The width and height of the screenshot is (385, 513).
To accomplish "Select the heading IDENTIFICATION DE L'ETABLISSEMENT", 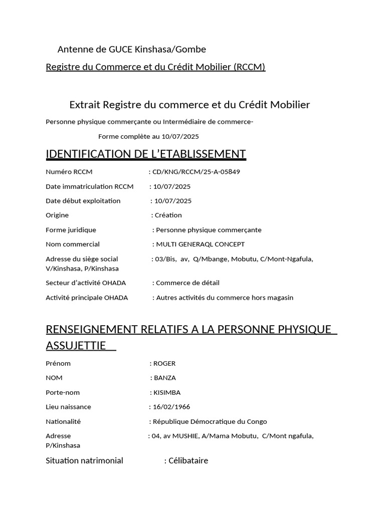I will tap(145, 154).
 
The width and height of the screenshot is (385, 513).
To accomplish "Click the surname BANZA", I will tap(165, 378).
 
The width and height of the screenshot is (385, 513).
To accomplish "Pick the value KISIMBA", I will tap(167, 392).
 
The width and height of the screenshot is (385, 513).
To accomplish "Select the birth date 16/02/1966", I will tap(171, 407).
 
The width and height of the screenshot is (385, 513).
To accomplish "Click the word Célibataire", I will tap(188, 460).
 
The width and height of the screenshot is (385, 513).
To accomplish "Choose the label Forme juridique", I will tap(71, 229).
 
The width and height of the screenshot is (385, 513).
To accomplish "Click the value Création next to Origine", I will tap(168, 215).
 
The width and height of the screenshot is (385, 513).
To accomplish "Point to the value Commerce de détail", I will tap(188, 283).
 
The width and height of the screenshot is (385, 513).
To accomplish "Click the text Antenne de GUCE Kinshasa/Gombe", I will tap(132, 49).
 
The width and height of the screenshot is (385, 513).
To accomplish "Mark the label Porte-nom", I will tap(63, 392).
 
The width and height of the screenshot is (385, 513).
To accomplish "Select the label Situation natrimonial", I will tap(84, 460).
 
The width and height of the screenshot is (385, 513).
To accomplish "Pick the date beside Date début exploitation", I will tap(173, 201).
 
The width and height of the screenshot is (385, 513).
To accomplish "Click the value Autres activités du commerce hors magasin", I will tap(225, 298).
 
